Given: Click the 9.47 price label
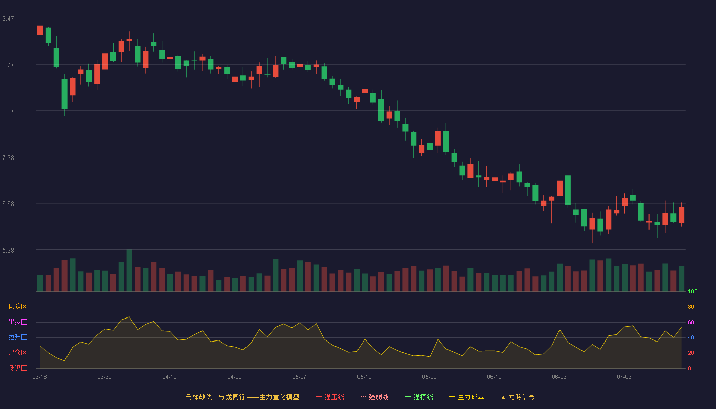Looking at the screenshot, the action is tap(8, 19).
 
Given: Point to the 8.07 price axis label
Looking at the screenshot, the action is tap(8, 111).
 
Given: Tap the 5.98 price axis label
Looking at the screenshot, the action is tap(8, 250).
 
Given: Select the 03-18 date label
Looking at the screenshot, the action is tap(40, 377).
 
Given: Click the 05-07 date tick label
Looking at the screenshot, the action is tap(299, 377).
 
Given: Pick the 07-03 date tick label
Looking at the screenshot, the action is tap(624, 377).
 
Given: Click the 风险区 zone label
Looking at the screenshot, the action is tap(17, 307).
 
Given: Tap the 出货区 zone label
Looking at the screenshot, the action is tap(17, 322).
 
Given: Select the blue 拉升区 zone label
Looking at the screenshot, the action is tap(17, 337).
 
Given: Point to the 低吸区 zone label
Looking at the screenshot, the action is tap(17, 368).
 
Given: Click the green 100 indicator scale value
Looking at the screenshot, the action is tap(692, 291).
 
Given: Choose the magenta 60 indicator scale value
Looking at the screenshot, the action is tap(691, 322).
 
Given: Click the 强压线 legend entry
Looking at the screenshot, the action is tap(330, 397).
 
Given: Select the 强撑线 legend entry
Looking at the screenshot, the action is tap(419, 397).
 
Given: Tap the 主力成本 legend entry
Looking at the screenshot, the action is tap(466, 397).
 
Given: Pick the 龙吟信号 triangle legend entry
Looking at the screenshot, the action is tap(518, 397).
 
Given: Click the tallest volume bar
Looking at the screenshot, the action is tap(129, 270).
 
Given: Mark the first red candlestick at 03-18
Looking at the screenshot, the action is tap(40, 30).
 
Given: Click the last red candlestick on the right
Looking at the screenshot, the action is tap(681, 215).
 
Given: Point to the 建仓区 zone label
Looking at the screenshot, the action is tap(17, 352).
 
